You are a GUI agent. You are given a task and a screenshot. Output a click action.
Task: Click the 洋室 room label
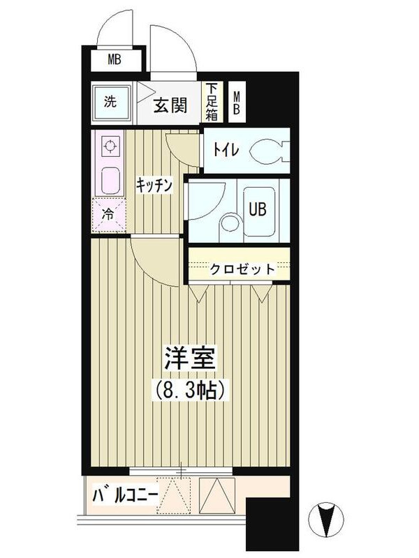[189, 359]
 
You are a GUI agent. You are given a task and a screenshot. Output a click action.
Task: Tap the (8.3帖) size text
[189, 391]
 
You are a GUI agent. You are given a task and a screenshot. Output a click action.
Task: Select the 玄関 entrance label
[170, 105]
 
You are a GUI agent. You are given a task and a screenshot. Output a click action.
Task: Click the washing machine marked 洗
[111, 102]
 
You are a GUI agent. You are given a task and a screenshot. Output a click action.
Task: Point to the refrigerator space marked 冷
[109, 215]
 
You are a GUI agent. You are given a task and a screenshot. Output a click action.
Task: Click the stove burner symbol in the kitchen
[110, 146]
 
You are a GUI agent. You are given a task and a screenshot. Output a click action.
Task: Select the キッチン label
[154, 185]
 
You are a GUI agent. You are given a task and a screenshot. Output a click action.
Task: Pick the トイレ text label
[226, 149]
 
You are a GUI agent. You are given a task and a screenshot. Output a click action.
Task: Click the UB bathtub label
[258, 209]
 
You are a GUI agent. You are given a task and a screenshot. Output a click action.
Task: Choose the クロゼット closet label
[242, 269]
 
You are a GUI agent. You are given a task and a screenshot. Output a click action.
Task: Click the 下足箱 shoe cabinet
[212, 102]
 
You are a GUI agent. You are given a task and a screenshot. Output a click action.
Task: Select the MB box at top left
[115, 59]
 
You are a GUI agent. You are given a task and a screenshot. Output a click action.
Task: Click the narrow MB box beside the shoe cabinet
[236, 102]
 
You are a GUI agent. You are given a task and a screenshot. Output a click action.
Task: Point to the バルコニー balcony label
[125, 496]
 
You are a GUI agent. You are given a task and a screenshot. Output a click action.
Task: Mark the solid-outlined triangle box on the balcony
[217, 495]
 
